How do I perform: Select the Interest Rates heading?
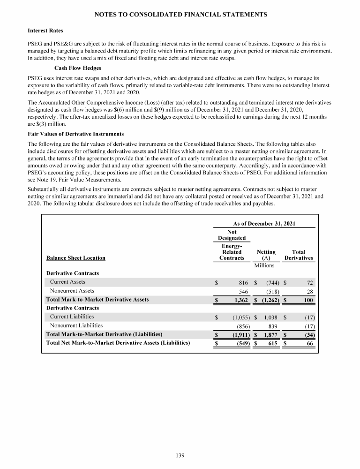[45, 31]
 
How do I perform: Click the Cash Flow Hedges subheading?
[69, 67]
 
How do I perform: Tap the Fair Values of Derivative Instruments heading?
[76, 134]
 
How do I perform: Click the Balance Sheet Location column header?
[75, 257]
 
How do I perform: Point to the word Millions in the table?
[264, 265]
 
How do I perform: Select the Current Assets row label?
[68, 282]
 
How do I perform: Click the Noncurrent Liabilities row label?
[76, 325]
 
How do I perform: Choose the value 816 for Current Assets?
[243, 282]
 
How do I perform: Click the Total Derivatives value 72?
[309, 282]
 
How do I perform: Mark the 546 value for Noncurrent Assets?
[243, 291]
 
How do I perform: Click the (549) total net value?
[241, 343]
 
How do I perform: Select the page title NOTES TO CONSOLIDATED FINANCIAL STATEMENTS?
[180, 15]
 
